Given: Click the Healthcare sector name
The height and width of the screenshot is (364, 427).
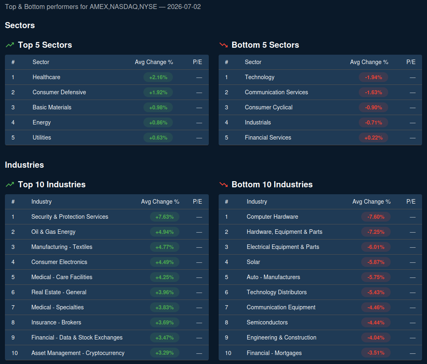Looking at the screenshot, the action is pyautogui.click(x=46, y=77).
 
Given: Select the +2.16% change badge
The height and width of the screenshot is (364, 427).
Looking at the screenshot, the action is pyautogui.click(x=158, y=77).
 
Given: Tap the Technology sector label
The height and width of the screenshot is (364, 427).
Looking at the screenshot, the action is pyautogui.click(x=259, y=77).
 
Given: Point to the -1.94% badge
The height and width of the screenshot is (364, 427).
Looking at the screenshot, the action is pyautogui.click(x=373, y=77).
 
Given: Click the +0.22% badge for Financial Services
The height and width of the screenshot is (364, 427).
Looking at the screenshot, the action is pyautogui.click(x=373, y=138).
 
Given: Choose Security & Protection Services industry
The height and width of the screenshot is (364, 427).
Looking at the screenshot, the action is pyautogui.click(x=70, y=217).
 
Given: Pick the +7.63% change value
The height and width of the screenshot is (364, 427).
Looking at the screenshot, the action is pyautogui.click(x=165, y=217).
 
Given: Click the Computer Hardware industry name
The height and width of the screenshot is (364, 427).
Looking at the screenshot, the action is pyautogui.click(x=272, y=217).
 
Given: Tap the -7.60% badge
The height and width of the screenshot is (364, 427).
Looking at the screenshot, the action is pyautogui.click(x=376, y=217).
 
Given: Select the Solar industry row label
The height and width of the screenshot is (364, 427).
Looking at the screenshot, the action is pyautogui.click(x=253, y=262).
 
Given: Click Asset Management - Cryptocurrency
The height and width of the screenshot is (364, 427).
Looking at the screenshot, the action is pyautogui.click(x=78, y=353).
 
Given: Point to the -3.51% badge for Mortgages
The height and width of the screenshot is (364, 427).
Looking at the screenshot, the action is pyautogui.click(x=376, y=353).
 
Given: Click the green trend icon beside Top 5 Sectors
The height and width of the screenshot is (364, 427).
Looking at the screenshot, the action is pyautogui.click(x=10, y=45).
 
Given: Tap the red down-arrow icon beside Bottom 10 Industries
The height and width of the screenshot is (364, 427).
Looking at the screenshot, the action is pyautogui.click(x=224, y=184).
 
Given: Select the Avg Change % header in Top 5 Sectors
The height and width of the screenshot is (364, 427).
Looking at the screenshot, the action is pyautogui.click(x=154, y=62).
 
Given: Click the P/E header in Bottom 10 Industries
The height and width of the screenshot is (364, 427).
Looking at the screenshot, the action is pyautogui.click(x=411, y=202).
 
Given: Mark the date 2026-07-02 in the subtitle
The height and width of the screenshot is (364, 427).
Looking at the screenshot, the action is pyautogui.click(x=184, y=7).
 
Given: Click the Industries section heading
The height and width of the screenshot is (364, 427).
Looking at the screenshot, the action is pyautogui.click(x=24, y=165).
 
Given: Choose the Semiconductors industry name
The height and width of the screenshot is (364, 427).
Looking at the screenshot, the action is pyautogui.click(x=267, y=322).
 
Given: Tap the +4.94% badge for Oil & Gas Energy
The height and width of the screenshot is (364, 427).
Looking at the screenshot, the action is pyautogui.click(x=165, y=232).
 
